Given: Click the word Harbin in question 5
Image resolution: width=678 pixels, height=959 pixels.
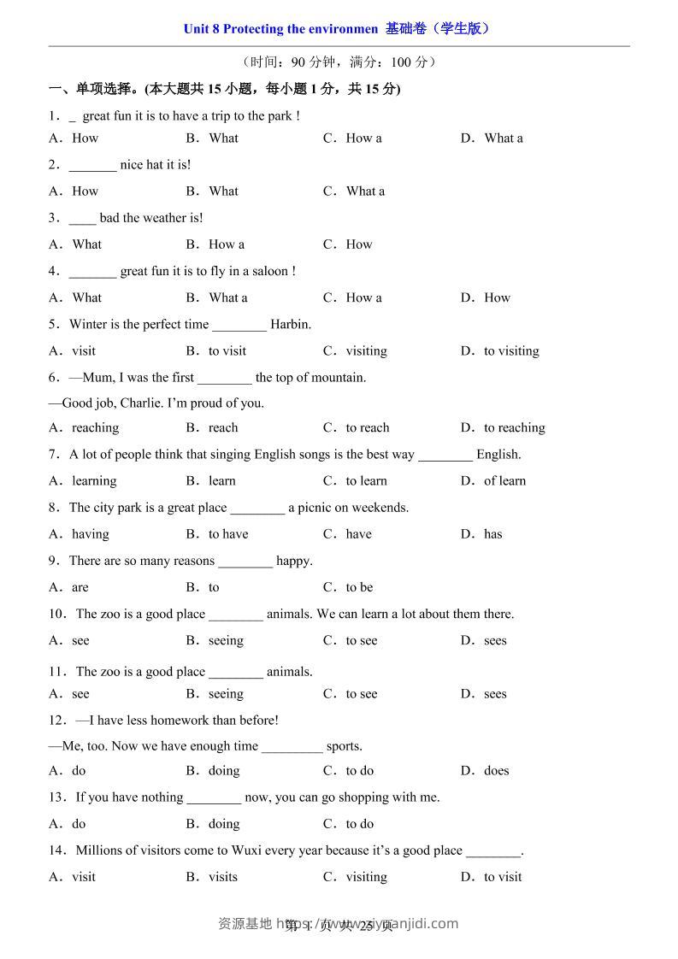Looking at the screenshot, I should (291, 324).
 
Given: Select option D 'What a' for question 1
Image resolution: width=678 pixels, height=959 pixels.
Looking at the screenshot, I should (503, 138).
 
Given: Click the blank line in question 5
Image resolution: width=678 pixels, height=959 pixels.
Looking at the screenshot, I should (239, 326).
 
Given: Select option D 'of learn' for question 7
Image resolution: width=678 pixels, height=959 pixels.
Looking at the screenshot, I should (504, 480).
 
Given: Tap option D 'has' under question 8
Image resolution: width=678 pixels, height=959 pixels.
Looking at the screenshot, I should (492, 534).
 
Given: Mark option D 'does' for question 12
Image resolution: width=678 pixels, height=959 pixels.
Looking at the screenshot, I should (496, 770).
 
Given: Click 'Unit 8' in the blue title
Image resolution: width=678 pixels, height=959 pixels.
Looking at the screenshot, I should (201, 29).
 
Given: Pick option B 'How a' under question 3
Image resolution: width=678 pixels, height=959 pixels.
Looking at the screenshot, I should (226, 244).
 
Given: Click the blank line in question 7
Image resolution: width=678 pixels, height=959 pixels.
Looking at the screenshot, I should (445, 456).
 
